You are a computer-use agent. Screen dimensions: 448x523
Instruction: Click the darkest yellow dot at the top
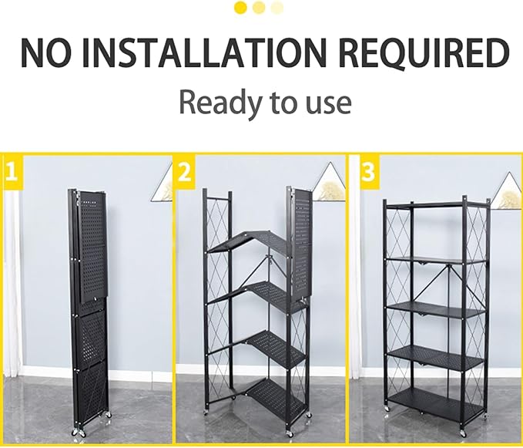[x=240, y=8]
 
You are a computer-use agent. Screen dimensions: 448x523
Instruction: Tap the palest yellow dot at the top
[x=277, y=8]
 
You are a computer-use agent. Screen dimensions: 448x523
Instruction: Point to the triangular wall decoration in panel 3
[x=507, y=190]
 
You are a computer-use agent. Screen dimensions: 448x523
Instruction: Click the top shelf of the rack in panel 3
[x=436, y=205]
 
